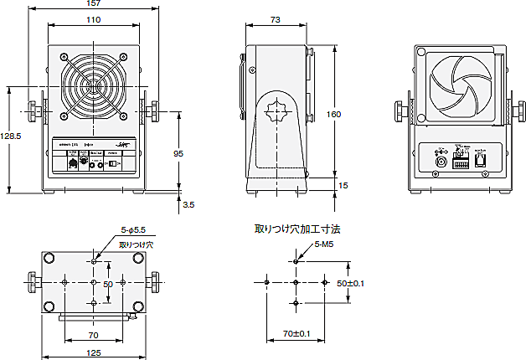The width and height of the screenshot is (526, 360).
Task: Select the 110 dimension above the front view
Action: coord(93,19)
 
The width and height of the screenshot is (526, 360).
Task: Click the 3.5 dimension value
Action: coord(188,203)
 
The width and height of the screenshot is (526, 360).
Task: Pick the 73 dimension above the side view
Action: coord(275,19)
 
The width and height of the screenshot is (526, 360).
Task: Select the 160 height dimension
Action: coord(334,115)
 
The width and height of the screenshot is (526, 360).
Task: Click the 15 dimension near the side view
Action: coord(343,184)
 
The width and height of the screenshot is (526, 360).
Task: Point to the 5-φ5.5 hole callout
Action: coord(133,229)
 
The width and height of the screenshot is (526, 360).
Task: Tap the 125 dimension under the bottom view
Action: coord(93,353)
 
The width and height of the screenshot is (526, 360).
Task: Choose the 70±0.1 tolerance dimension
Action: coord(296,334)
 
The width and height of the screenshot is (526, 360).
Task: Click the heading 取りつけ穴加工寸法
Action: coord(298,229)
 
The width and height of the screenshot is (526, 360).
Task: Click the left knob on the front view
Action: coord(33,110)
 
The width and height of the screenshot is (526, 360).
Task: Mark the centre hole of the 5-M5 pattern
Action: coord(296,282)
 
